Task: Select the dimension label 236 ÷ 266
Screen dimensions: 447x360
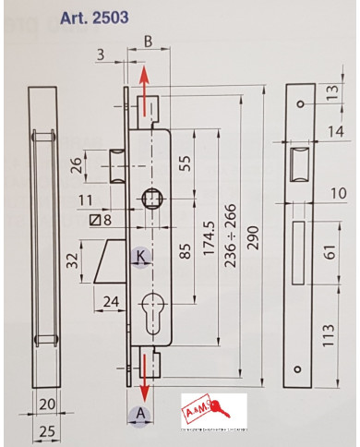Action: tap(231, 235)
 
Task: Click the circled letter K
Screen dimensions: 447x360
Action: tap(140, 256)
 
